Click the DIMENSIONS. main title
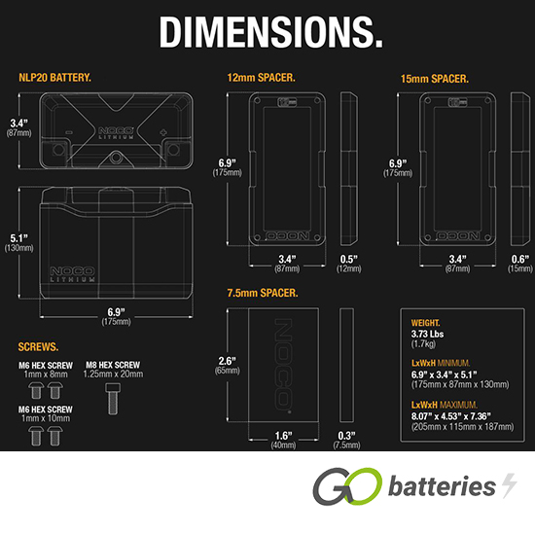pos(271,32)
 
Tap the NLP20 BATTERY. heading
pos(54,78)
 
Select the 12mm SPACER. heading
pos(261,78)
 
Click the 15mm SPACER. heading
pos(435,79)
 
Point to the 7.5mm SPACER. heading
pos(263,293)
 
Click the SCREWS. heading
pos(38,347)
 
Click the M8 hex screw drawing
pos(113,399)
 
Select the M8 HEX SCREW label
pos(113,365)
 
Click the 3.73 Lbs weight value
pos(428,334)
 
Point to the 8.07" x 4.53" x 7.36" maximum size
pos(451,416)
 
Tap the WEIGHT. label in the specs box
pos(425,323)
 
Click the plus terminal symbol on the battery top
pos(163,132)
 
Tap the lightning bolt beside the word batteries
pos(510,485)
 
